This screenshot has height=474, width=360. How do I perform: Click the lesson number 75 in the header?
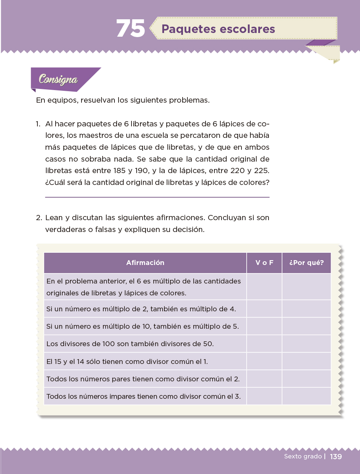[x=130, y=29]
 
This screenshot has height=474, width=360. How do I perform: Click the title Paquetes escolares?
[x=218, y=29]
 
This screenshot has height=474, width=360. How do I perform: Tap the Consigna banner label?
[x=58, y=79]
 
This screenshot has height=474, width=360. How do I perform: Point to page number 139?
[x=336, y=457]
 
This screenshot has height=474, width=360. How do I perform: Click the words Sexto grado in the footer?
[x=303, y=456]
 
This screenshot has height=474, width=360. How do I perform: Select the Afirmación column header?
[x=145, y=263]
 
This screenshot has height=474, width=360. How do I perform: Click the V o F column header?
[x=264, y=263]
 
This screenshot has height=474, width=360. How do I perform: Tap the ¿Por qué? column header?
[x=306, y=263]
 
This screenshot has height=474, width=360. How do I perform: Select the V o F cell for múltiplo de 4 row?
[x=264, y=309]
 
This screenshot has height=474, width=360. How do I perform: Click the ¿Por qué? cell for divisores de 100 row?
[x=306, y=344]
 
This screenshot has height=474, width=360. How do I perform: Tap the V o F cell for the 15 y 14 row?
[x=264, y=361]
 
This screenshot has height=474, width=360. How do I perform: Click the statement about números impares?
[x=143, y=396]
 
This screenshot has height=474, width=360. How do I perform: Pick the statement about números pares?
[x=143, y=379]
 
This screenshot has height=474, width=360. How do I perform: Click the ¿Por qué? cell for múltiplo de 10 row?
[x=306, y=326]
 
